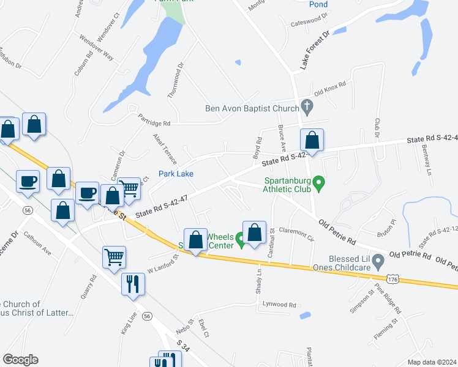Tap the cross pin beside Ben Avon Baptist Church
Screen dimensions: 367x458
(307, 109)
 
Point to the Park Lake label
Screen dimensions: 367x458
(176, 174)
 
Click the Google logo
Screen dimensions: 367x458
(20, 360)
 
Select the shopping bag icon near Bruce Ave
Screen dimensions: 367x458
(312, 140)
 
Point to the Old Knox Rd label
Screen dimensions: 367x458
(330, 89)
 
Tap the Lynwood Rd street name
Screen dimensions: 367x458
(279, 305)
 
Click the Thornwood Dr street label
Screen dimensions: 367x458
(176, 80)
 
